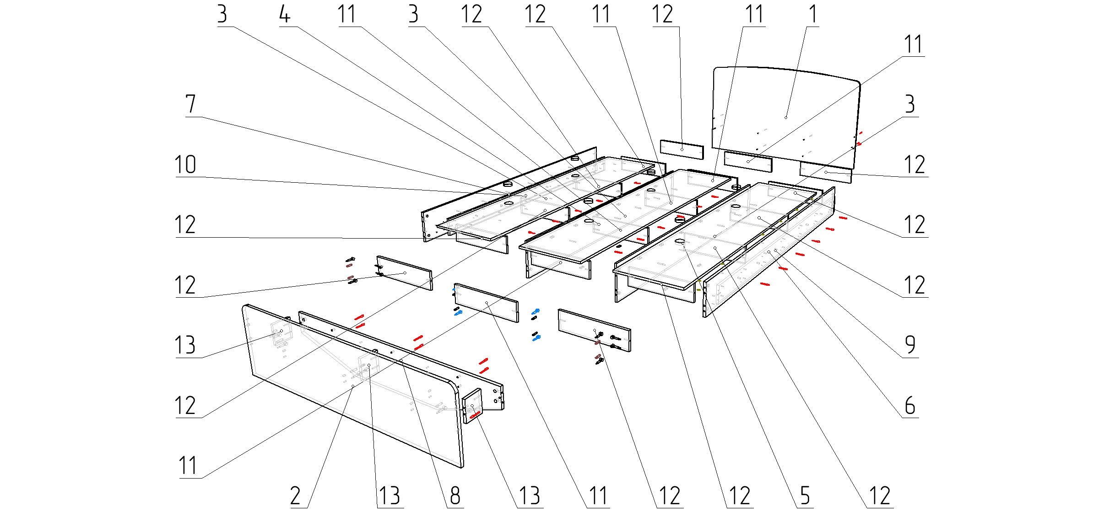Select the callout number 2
[296, 496]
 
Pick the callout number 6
[910, 406]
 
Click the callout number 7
[191, 104]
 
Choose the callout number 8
[455, 496]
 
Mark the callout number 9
[910, 345]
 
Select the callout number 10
[185, 165]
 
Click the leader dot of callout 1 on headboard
[786, 118]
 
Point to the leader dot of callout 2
[352, 387]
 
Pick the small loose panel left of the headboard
[682, 149]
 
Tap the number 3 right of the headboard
[910, 104]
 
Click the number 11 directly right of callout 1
[913, 45]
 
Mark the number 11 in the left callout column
[188, 466]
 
